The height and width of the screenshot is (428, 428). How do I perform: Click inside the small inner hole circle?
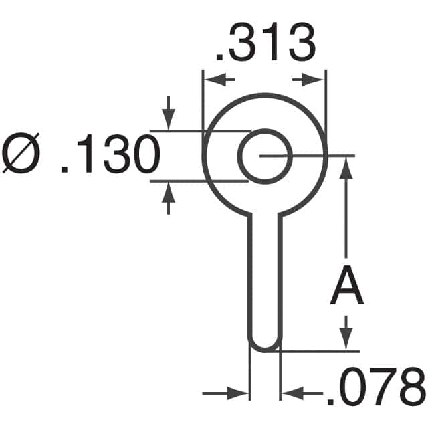click(265, 156)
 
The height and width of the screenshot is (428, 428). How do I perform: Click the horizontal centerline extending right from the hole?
click(314, 156)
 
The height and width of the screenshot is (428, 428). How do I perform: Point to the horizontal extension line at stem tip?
click(321, 350)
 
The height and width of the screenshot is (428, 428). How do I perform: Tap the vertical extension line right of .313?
click(326, 100)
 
